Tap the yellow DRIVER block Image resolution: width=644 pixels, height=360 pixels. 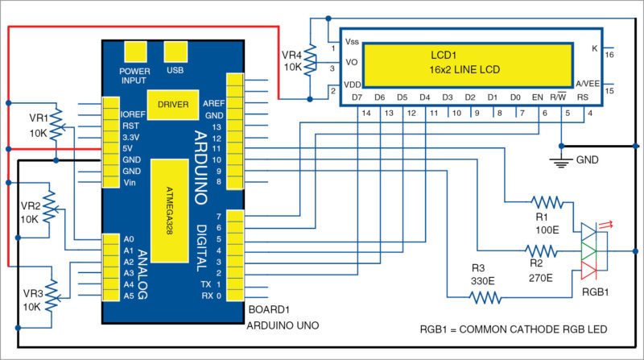coord(173,105)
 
